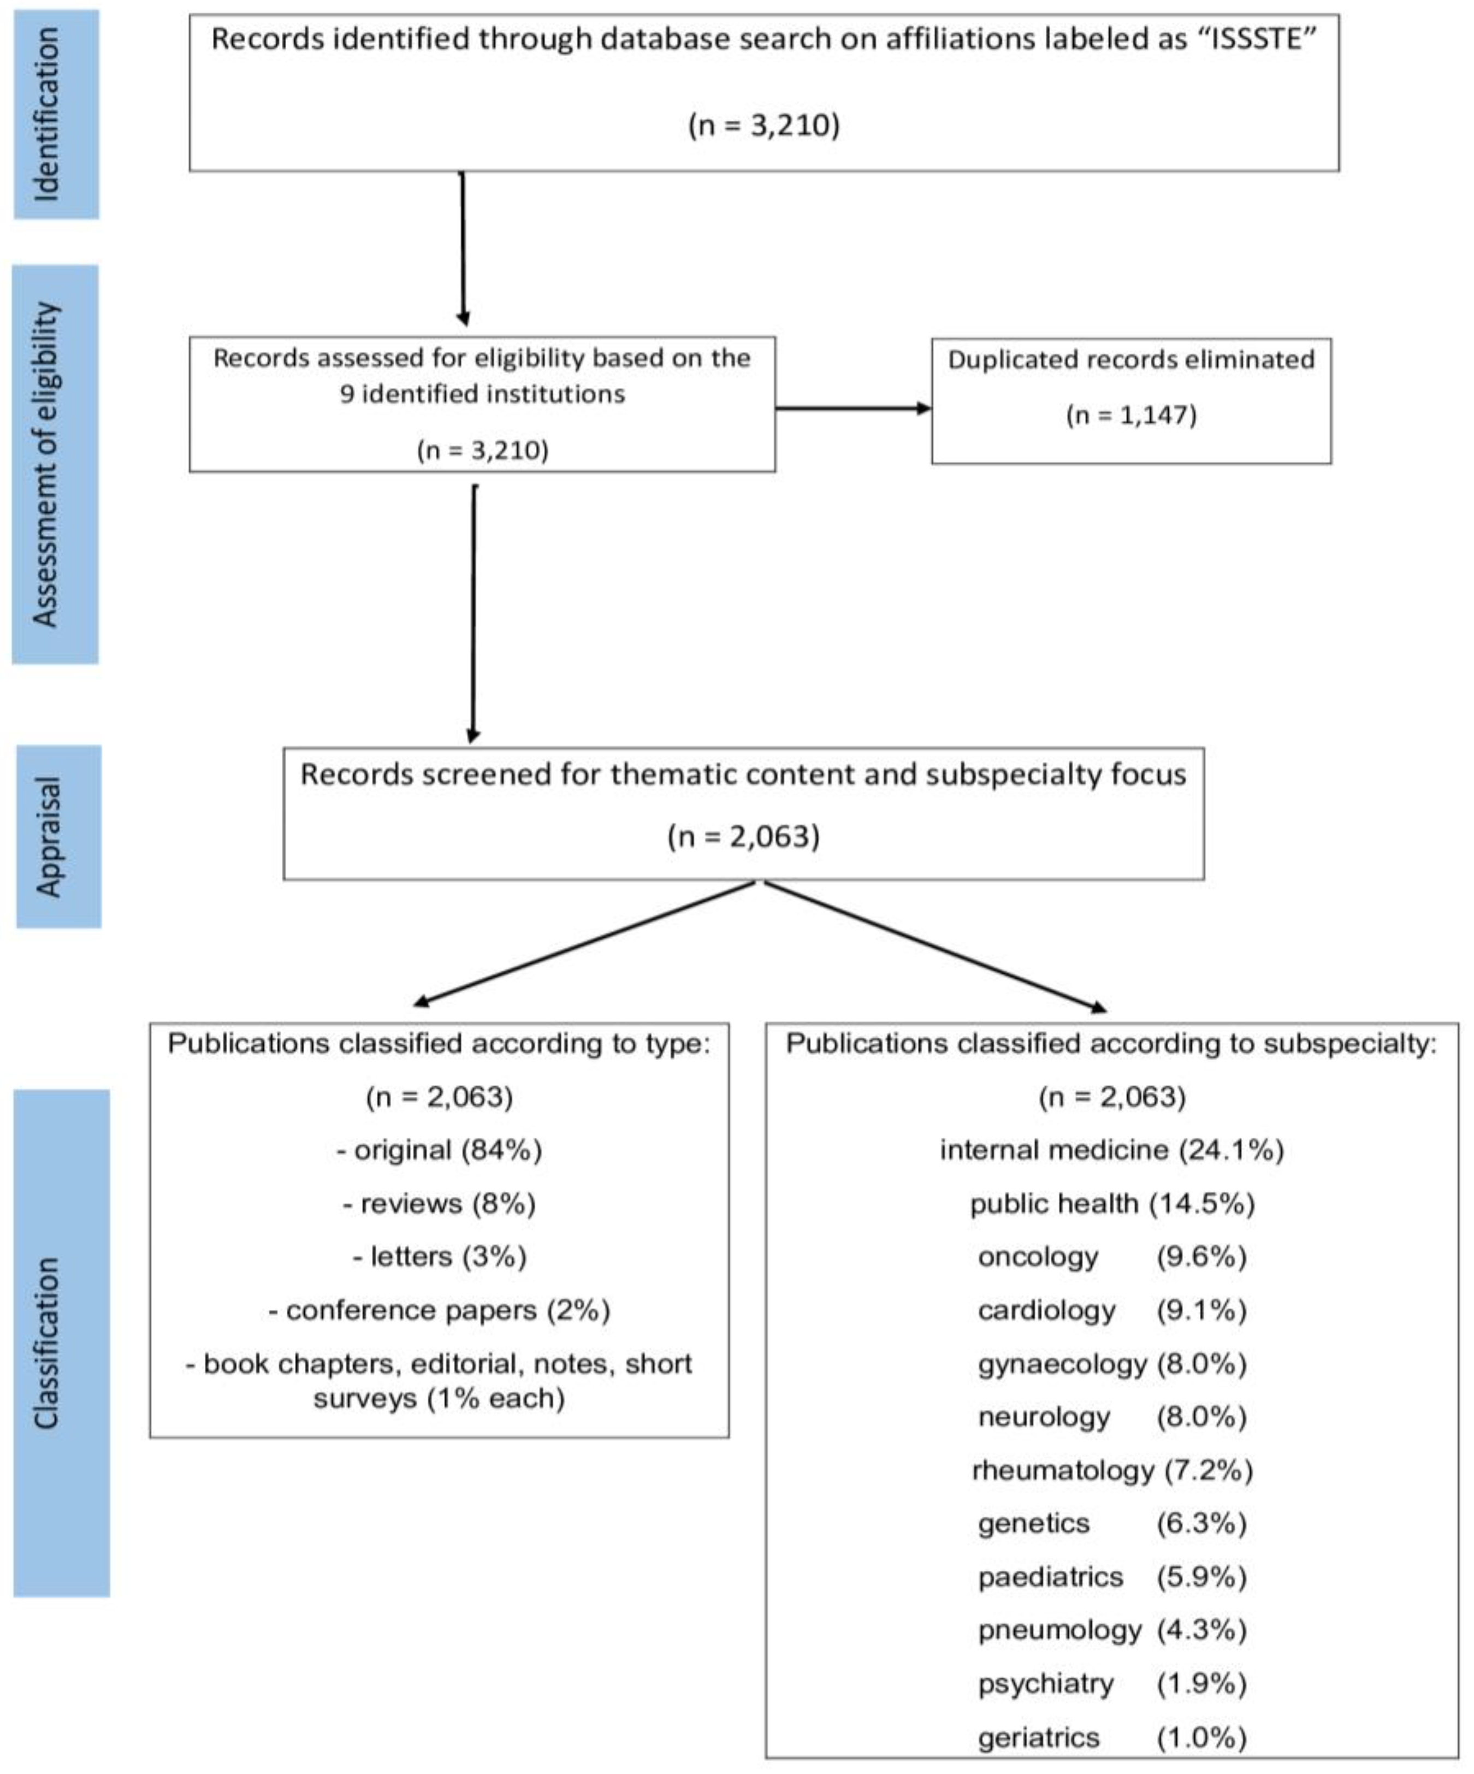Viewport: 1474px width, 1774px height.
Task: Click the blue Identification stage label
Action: pyautogui.click(x=56, y=115)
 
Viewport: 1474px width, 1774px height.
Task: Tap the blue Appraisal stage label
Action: pyautogui.click(x=58, y=836)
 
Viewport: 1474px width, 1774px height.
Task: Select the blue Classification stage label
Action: pyautogui.click(x=61, y=1343)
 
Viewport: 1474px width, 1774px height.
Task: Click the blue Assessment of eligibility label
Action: pyautogui.click(x=55, y=465)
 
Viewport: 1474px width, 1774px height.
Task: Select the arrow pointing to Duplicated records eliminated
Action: pyautogui.click(x=853, y=409)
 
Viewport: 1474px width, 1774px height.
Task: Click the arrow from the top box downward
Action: pyautogui.click(x=463, y=249)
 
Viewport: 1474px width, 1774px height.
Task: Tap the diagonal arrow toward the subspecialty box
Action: pyautogui.click(x=933, y=944)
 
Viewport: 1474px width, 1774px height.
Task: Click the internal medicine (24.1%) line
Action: pyautogui.click(x=1111, y=1150)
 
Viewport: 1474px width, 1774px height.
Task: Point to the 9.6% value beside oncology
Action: pyautogui.click(x=1201, y=1257)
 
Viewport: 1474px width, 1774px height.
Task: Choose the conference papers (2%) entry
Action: pyautogui.click(x=439, y=1310)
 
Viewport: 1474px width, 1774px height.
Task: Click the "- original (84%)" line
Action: pyautogui.click(x=439, y=1150)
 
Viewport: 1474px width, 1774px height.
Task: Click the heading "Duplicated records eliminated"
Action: pyautogui.click(x=1131, y=360)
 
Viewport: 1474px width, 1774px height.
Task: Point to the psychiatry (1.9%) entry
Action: pyautogui.click(x=1111, y=1684)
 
